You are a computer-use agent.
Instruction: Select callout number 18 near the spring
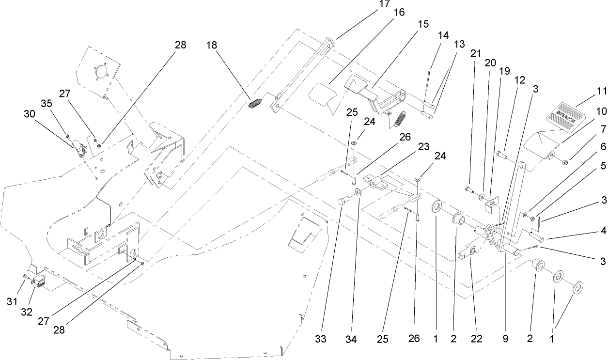[211, 45]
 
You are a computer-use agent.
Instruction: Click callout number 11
[601, 91]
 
